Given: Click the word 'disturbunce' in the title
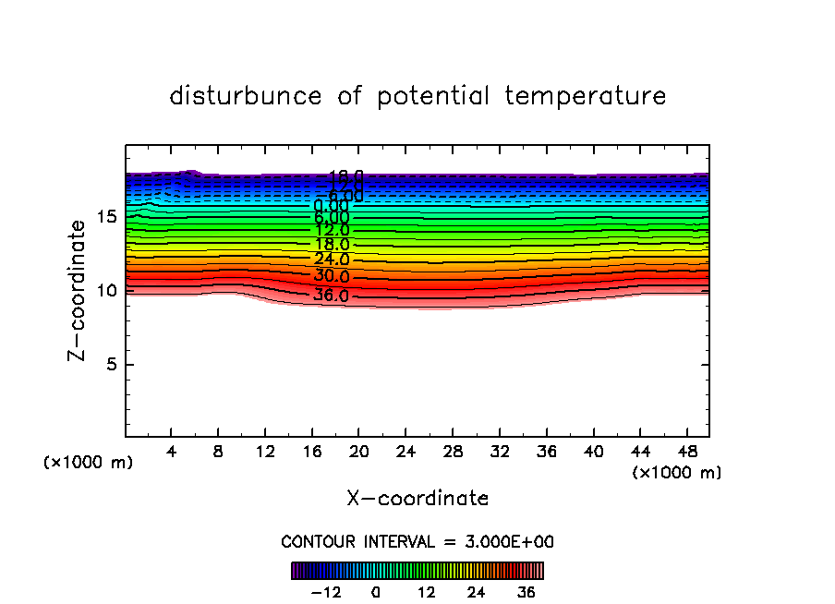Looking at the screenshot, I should tap(247, 96).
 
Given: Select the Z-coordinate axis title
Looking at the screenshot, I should tap(82, 290).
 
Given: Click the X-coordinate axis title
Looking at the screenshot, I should tap(417, 499).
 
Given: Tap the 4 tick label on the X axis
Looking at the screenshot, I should tap(172, 452).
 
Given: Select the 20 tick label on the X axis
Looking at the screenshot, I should tap(359, 452).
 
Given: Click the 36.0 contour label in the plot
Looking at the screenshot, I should tap(331, 296).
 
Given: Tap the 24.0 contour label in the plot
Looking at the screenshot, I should tap(331, 260).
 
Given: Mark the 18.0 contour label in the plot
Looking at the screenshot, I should tap(331, 245).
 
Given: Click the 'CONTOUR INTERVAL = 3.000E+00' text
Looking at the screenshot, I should tap(417, 542).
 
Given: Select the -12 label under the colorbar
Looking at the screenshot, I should tap(327, 592).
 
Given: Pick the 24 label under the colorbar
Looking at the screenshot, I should tap(476, 592).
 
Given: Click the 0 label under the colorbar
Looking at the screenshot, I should tap(376, 592).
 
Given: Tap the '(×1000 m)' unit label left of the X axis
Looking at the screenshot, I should tap(89, 463).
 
